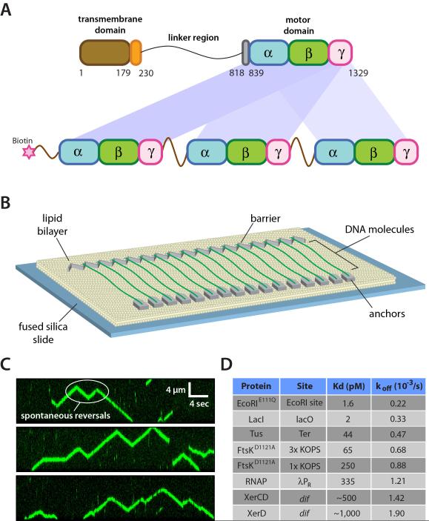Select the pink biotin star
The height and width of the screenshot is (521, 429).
(x=31, y=153)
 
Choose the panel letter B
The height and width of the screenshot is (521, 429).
(x=7, y=202)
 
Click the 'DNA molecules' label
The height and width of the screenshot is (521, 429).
(x=378, y=232)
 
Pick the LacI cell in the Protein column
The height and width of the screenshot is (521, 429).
(x=257, y=420)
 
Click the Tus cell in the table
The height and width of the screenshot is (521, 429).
(x=257, y=439)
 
